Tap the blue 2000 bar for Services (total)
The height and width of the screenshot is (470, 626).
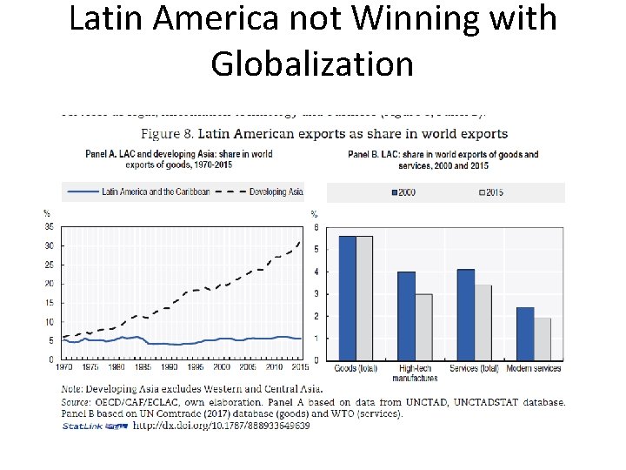click(x=466, y=314)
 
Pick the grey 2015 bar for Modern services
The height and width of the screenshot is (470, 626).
click(x=542, y=339)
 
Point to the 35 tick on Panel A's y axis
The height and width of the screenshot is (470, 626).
click(x=49, y=226)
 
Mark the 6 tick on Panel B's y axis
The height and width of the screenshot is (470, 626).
click(x=316, y=227)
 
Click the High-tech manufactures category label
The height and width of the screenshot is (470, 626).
click(x=415, y=373)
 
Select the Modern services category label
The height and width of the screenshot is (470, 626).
click(x=533, y=368)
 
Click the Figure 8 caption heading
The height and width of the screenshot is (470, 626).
click(x=325, y=133)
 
